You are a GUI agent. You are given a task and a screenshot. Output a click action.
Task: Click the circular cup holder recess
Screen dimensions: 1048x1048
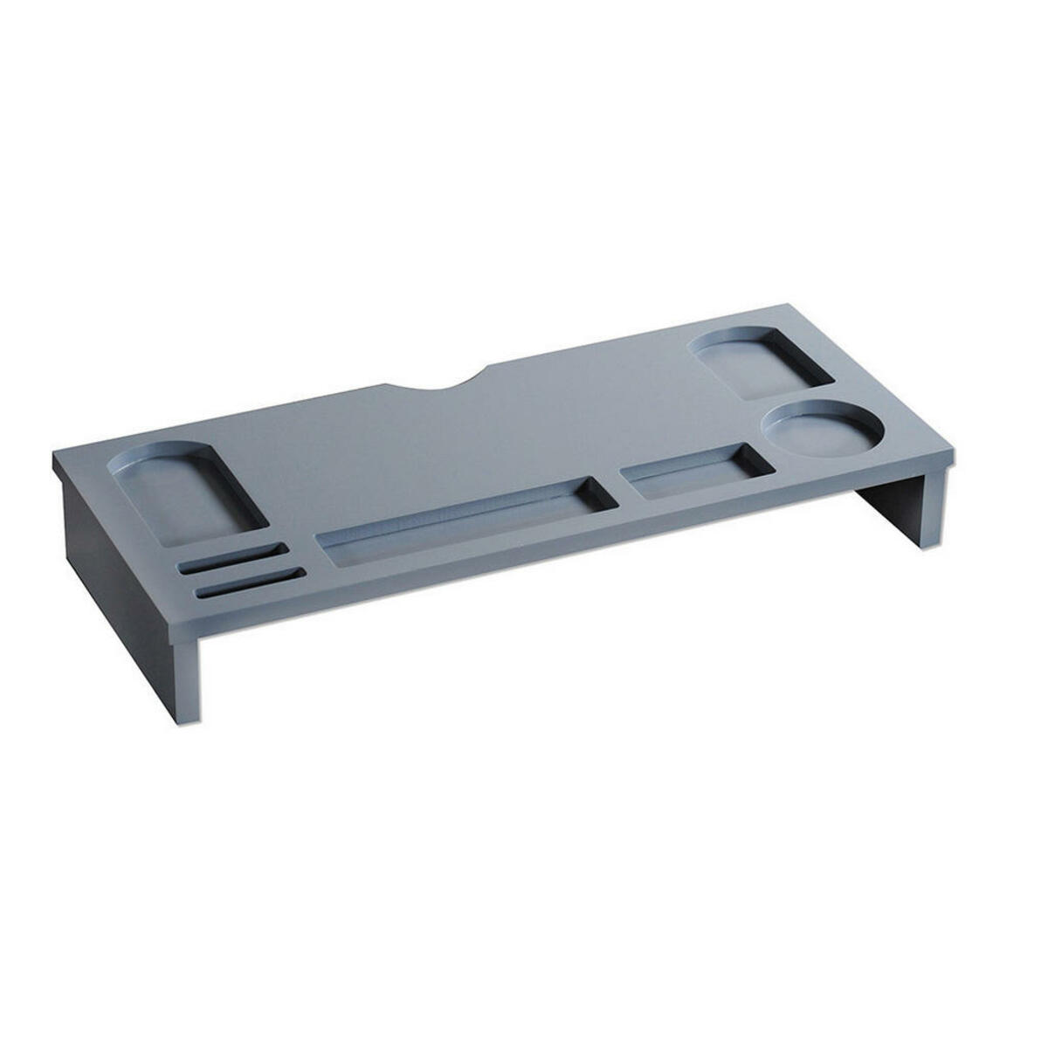coord(821,428)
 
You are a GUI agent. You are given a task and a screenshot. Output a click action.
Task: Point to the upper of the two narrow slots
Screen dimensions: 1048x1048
coord(232,558)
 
